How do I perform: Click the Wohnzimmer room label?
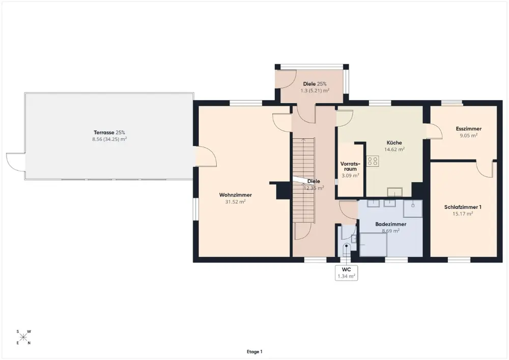pos(235,195)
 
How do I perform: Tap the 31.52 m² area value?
pos(235,202)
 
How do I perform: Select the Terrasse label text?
pos(104,132)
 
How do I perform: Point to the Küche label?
pos(394,143)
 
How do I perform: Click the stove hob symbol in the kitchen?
pos(373,161)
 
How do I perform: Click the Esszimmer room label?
pos(468,129)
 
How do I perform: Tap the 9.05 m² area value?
pos(468,135)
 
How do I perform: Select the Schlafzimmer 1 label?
pos(463,207)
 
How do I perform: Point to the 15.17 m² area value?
pos(463,213)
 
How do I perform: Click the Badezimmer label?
pos(391,225)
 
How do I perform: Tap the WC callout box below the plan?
pos(346,273)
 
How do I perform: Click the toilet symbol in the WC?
pos(347,249)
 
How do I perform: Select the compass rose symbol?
pos(23,337)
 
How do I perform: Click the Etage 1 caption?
pos(254,351)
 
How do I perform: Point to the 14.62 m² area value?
pos(394,149)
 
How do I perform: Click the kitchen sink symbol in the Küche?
pos(395,192)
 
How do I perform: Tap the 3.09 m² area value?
pos(350,176)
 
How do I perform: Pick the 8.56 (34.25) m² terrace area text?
pos(109,139)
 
